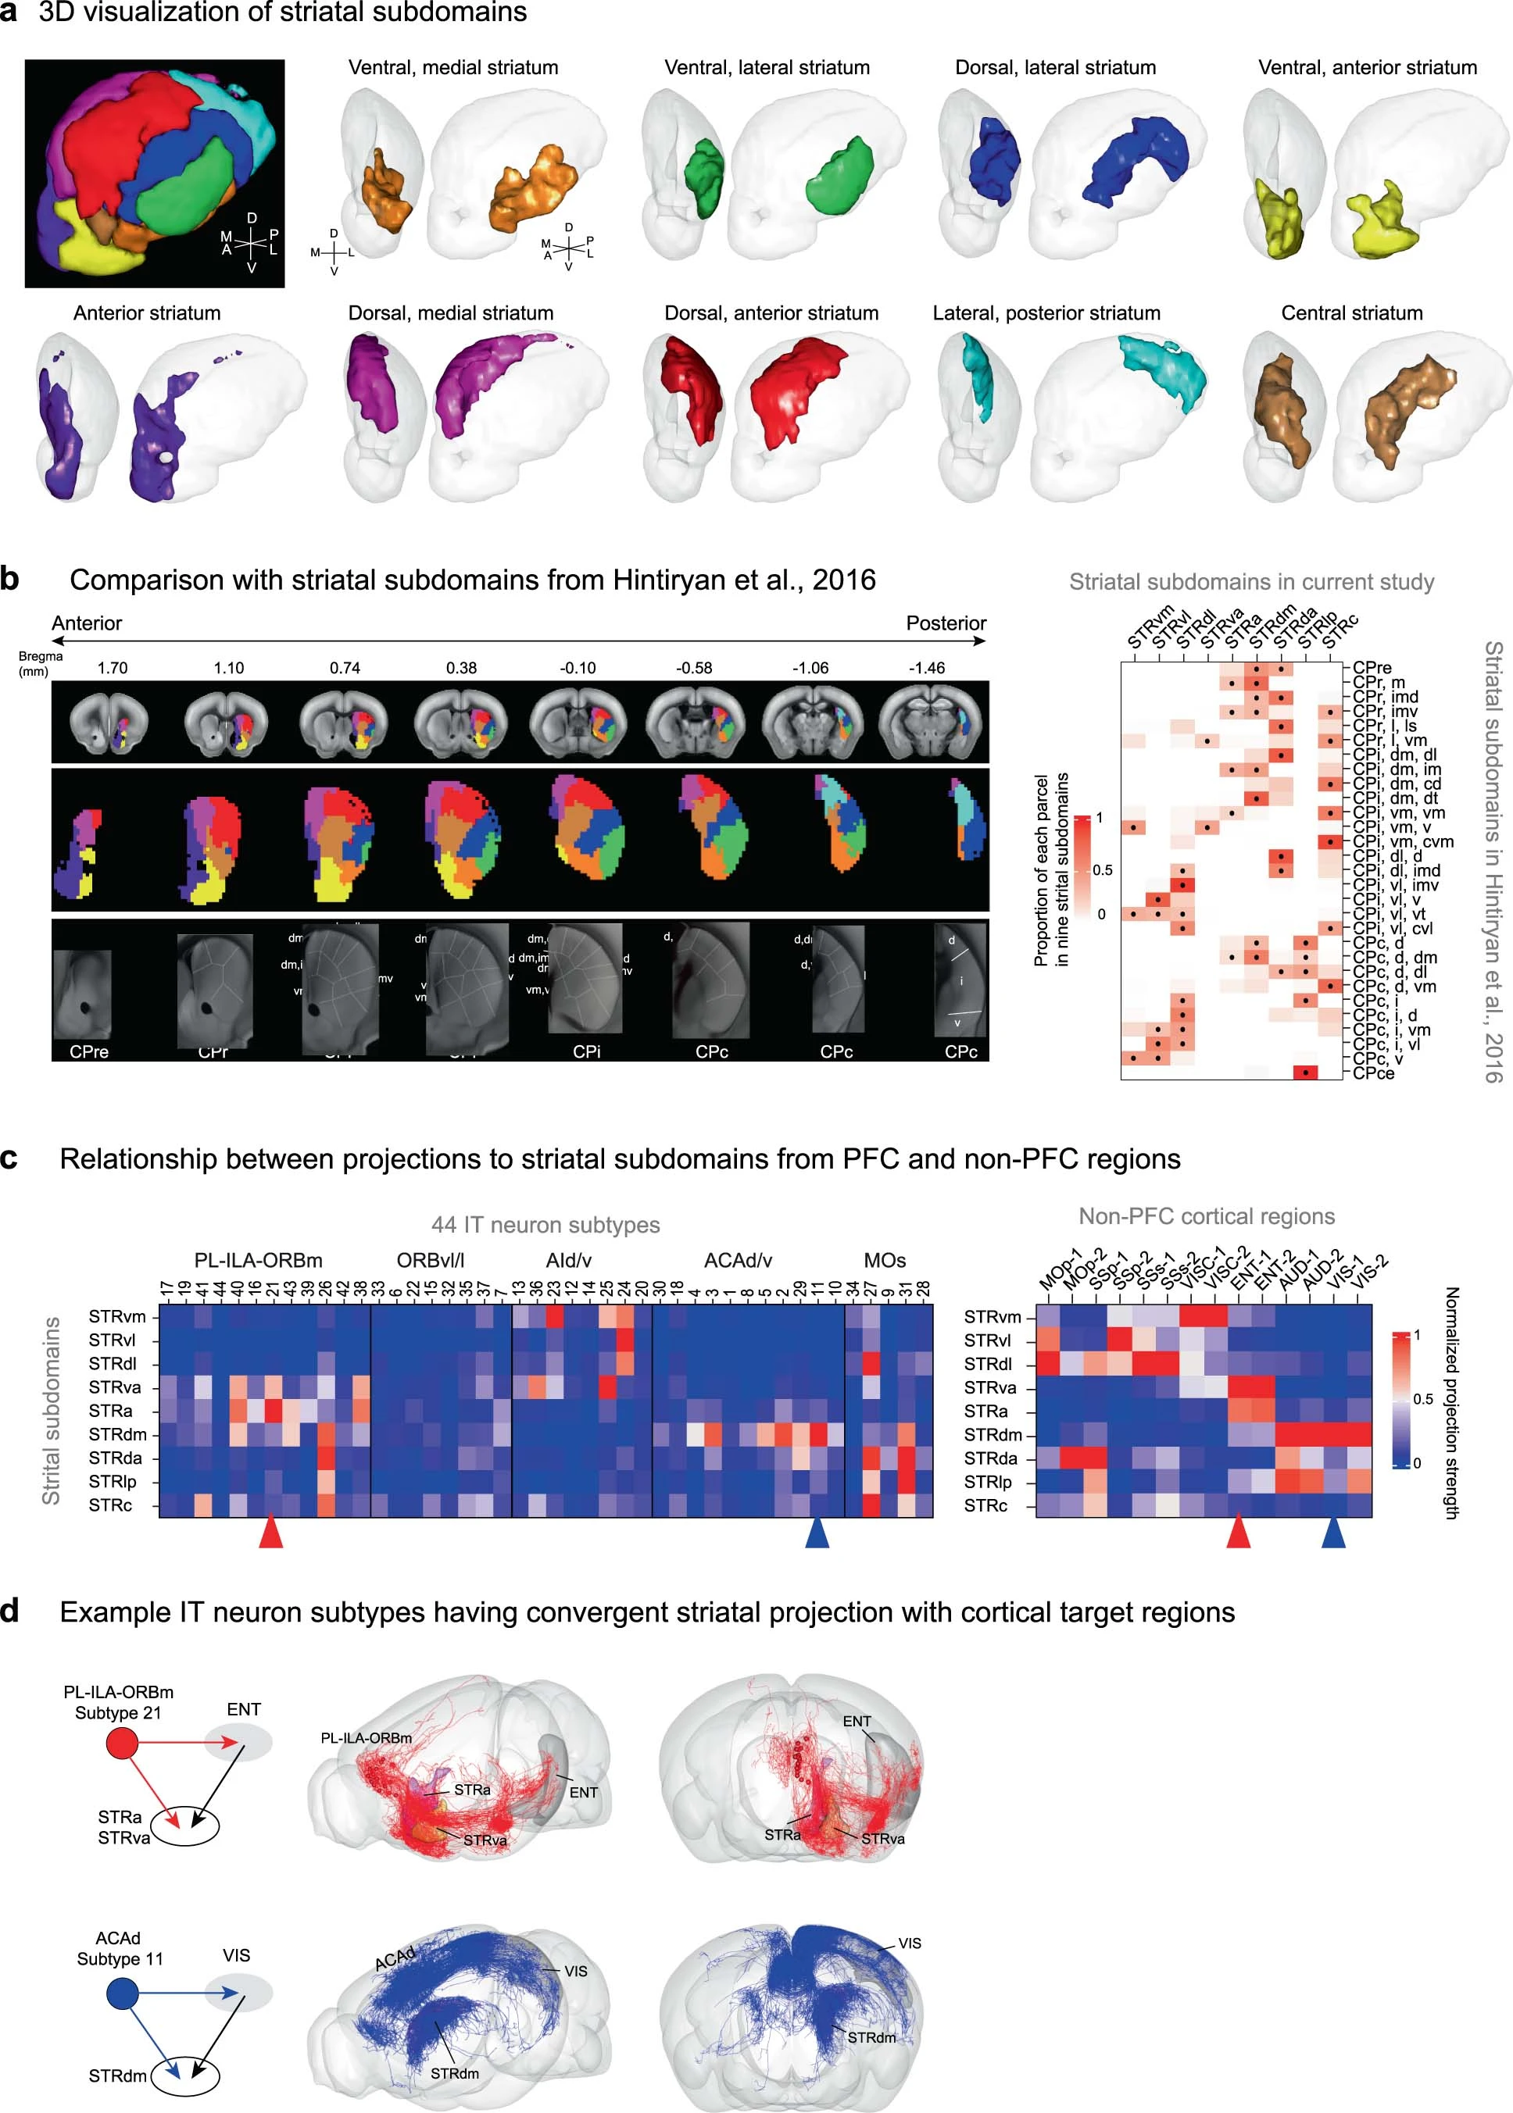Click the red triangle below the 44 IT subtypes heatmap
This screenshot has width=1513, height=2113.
[270, 1532]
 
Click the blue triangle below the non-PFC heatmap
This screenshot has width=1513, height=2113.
[1333, 1532]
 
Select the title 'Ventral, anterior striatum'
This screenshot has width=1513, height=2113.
[1367, 67]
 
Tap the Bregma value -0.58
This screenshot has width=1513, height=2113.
[694, 668]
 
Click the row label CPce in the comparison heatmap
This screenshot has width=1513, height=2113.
[1373, 1073]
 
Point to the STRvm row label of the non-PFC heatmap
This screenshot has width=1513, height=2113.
[993, 1317]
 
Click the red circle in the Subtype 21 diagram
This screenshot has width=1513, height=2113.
[122, 1743]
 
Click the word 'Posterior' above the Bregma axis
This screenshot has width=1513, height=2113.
[946, 623]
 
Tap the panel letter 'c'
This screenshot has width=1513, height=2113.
[9, 1158]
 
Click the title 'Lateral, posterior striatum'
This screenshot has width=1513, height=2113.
[1046, 313]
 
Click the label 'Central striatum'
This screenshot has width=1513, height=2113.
[1351, 313]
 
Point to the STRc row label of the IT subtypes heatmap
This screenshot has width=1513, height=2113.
[110, 1505]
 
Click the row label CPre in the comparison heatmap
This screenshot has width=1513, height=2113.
[1372, 668]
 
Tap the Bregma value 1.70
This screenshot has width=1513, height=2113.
[112, 668]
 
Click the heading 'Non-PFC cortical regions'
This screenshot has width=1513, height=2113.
[1206, 1216]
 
